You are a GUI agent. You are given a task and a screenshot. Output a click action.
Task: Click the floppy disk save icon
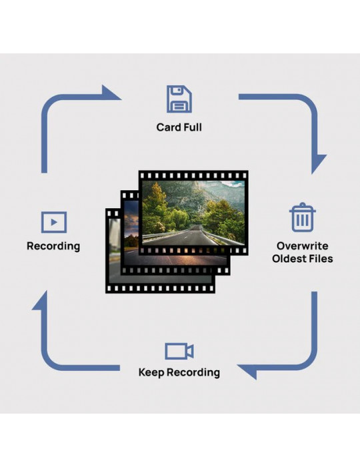click(179, 99)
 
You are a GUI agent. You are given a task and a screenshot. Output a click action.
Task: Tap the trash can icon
click(302, 217)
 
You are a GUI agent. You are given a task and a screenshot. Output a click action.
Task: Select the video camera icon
click(179, 351)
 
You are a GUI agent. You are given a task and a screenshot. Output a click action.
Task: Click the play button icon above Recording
click(54, 222)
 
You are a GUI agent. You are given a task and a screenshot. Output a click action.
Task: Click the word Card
click(169, 127)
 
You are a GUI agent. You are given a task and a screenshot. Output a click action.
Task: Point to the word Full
click(193, 127)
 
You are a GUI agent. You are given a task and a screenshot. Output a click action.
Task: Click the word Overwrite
click(302, 246)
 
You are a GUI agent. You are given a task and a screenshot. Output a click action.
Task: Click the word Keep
click(151, 372)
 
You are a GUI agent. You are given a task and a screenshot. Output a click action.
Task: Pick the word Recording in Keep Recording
click(193, 372)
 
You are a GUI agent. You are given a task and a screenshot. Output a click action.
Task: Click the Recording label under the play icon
click(53, 247)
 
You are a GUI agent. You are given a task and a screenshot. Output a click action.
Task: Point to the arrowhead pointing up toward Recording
click(43, 302)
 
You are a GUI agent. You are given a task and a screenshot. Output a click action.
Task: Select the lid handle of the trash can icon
click(302, 205)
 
